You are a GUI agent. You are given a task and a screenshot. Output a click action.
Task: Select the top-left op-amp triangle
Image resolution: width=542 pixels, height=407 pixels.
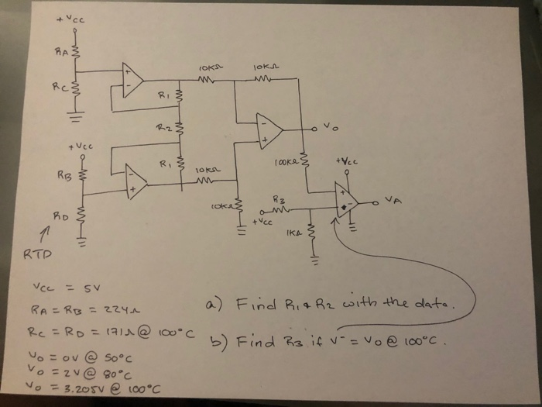(x=132, y=79)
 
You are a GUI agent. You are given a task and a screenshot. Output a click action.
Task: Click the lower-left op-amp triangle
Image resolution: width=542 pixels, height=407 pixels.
(x=136, y=183)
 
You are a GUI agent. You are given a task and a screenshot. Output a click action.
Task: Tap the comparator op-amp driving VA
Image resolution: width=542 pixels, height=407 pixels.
(x=345, y=200)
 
